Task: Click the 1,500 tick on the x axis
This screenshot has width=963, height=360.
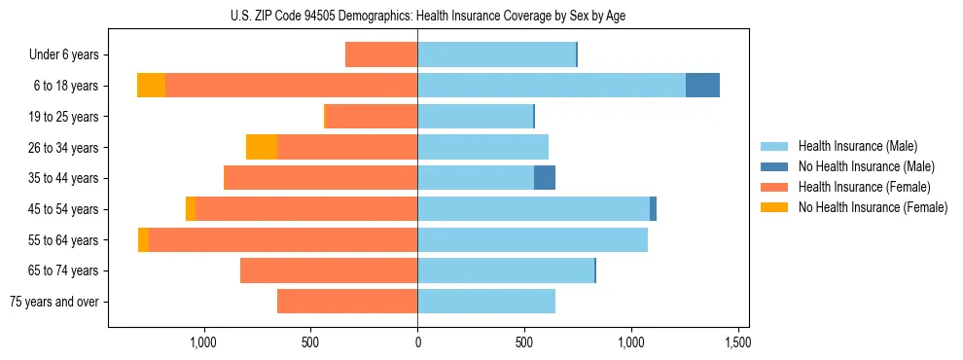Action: (737, 342)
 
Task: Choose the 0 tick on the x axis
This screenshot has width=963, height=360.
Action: (417, 342)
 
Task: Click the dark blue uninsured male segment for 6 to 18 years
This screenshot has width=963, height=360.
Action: (702, 86)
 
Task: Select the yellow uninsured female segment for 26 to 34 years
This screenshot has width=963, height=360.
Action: (262, 147)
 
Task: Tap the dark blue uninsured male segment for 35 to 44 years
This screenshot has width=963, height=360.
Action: (545, 178)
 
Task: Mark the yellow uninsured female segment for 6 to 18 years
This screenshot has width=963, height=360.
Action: (151, 86)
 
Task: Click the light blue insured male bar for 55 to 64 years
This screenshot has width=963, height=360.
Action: (532, 239)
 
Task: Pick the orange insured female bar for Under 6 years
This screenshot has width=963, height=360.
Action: (381, 55)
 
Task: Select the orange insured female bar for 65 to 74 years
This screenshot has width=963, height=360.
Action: (329, 270)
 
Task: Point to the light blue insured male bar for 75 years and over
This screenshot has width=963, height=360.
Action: (486, 302)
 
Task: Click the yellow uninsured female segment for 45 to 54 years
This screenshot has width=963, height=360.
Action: (191, 209)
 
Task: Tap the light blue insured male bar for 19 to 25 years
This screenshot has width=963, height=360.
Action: (475, 117)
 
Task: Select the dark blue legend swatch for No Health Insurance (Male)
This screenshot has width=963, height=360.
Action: (774, 166)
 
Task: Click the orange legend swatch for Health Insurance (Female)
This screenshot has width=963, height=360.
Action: (774, 187)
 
